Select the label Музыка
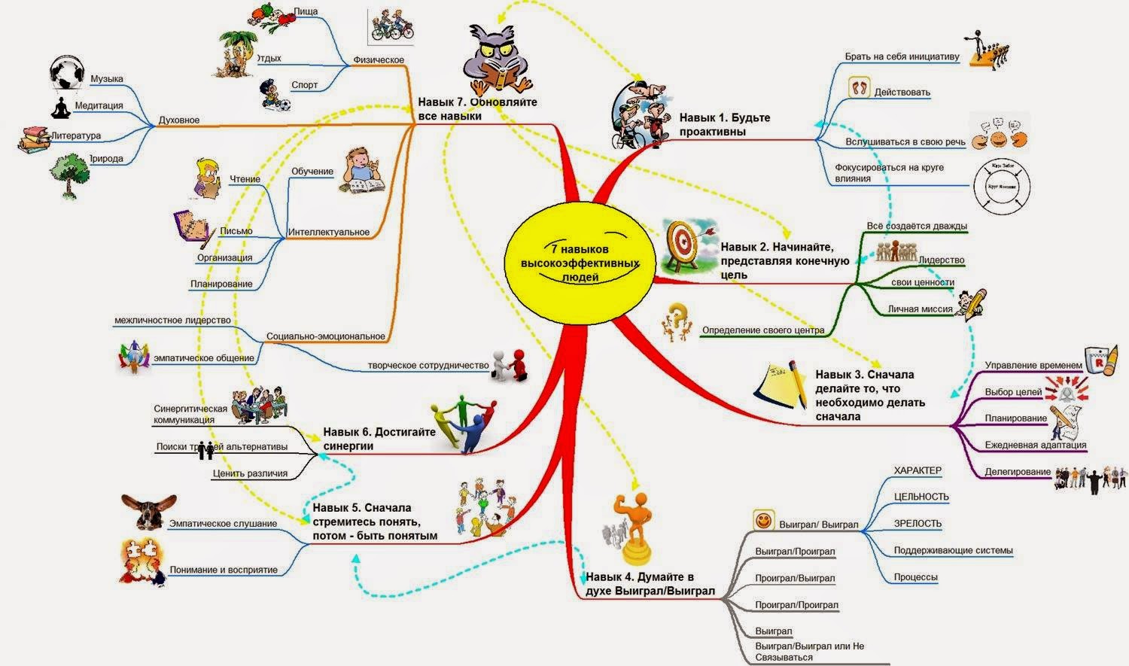coord(106,79)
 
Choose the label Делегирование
coord(1018,472)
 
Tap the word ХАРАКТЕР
coord(918,470)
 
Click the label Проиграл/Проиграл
coord(796,605)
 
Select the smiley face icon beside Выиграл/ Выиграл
coord(764,520)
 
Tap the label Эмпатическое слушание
coord(223,524)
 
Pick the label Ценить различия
coord(250,473)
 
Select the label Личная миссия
coord(920,309)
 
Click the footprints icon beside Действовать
coord(859,88)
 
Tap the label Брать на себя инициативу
coord(902,57)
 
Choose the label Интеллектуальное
coord(328,232)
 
